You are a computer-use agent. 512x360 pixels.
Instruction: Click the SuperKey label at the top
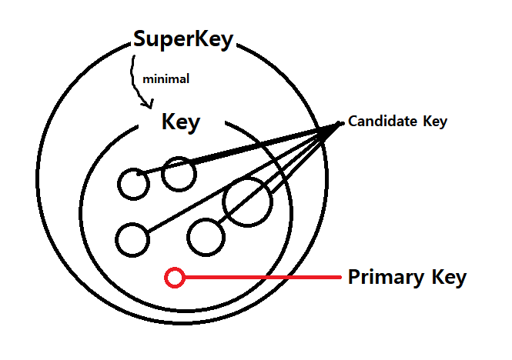[x=182, y=40]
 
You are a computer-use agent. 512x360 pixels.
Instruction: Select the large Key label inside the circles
[x=181, y=122]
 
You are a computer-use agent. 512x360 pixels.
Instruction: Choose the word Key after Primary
[x=446, y=277]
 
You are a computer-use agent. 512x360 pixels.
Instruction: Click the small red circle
[x=175, y=277]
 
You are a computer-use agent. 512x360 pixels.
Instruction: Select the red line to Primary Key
[x=262, y=277]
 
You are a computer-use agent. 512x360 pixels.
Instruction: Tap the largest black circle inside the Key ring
[x=247, y=202]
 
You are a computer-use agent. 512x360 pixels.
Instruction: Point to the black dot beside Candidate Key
[x=341, y=122]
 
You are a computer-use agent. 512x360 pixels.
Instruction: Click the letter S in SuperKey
[x=141, y=40]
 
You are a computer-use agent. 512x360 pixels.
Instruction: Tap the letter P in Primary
[x=355, y=277]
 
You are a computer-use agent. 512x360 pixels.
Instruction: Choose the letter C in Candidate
[x=353, y=122]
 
